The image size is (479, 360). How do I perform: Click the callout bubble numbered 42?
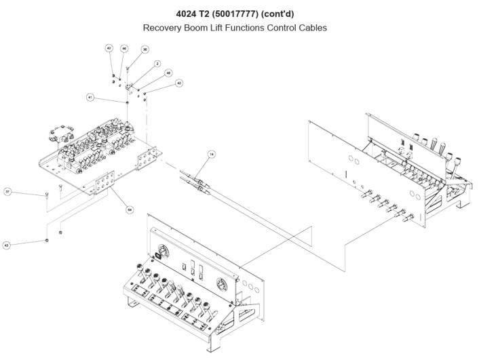click(x=109, y=48)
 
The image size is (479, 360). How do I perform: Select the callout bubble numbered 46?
click(x=124, y=49)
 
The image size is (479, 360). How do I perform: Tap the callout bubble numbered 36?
click(x=145, y=49)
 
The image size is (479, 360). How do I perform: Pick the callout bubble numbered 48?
click(x=168, y=73)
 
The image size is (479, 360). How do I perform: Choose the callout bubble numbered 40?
click(x=178, y=83)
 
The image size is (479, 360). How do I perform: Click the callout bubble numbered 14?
click(x=211, y=155)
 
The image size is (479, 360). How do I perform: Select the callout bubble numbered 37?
click(x=8, y=191)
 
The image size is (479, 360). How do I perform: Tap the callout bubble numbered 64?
click(x=130, y=209)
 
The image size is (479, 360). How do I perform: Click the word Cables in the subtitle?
click(x=312, y=28)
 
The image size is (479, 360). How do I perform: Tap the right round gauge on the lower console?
click(x=221, y=284)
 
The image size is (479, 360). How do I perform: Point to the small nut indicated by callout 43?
click(x=46, y=239)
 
